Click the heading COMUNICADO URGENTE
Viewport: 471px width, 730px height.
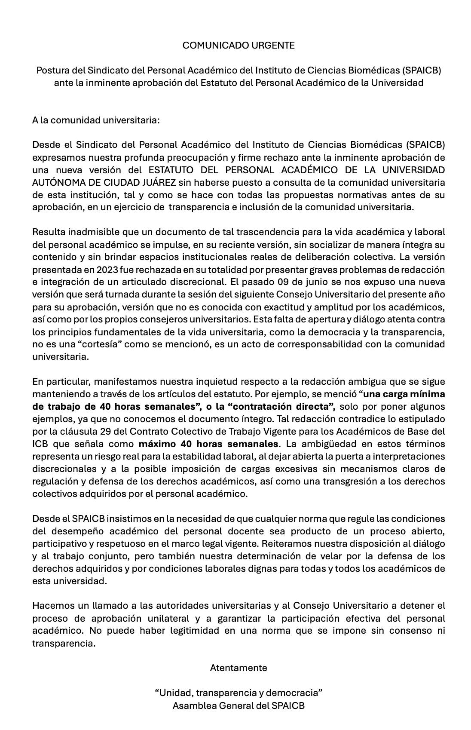(x=239, y=45)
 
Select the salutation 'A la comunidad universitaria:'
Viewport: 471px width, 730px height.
(x=96, y=120)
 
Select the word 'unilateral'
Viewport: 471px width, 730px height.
(x=167, y=618)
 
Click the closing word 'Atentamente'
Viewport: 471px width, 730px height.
(x=239, y=668)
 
